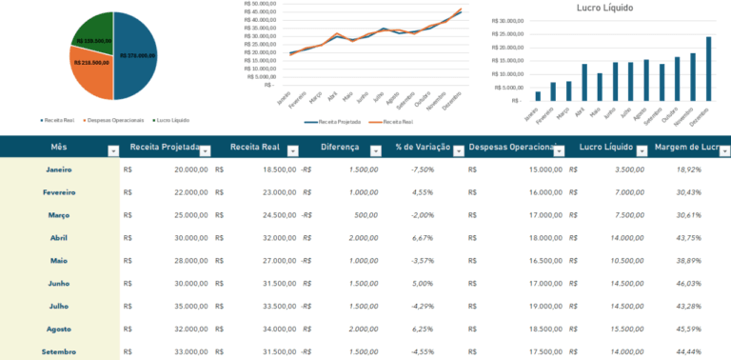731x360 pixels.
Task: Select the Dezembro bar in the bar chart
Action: pos(707,68)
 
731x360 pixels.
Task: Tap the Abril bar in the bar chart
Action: pos(584,82)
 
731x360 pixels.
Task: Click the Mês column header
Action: pos(59,148)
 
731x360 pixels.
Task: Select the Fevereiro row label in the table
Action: pos(60,192)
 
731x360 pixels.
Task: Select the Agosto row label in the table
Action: pos(60,330)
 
